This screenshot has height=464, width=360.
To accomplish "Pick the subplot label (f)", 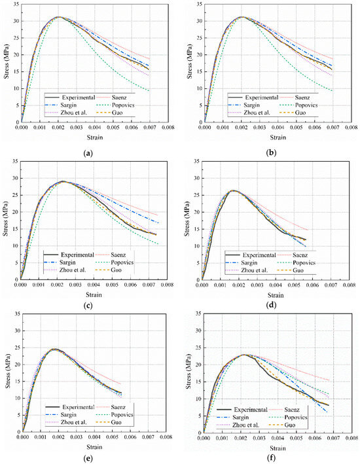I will point(270,455).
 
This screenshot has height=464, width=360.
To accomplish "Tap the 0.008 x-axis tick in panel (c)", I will point(167,285).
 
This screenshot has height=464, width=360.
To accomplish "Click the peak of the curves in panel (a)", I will point(58,17).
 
